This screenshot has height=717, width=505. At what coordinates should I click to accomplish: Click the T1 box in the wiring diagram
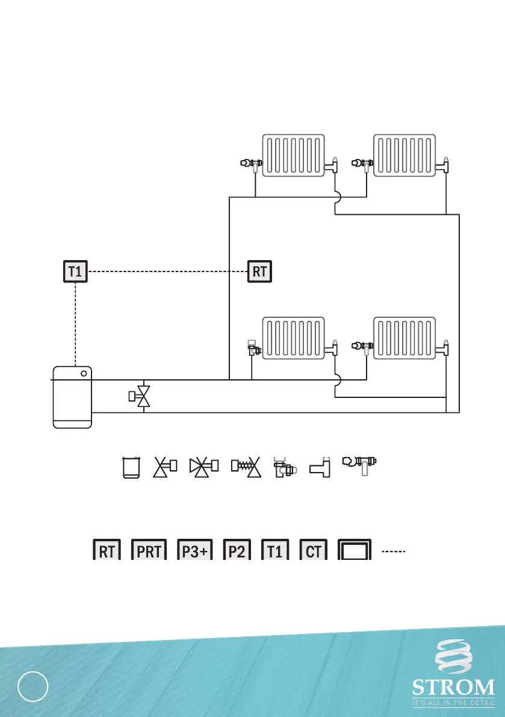75,272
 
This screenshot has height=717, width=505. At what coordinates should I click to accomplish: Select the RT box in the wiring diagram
259,272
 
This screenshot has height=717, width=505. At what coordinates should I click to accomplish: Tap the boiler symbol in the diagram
73,396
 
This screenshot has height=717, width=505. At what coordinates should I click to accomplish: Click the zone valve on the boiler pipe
141,396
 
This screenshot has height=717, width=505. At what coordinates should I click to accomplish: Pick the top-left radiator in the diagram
293,155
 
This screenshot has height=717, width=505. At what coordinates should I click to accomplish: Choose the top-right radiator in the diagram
404,155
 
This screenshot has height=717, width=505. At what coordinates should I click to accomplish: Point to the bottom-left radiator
293,338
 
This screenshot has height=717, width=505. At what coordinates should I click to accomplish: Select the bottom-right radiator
404,338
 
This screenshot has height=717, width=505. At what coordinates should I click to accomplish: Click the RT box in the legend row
107,551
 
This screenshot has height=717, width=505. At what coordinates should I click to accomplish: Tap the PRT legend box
148,551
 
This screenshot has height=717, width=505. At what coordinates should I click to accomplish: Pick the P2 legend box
237,551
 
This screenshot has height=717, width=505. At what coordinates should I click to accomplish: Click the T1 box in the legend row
275,551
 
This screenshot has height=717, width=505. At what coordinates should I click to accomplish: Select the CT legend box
314,551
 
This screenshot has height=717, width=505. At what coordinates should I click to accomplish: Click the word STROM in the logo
454,686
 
